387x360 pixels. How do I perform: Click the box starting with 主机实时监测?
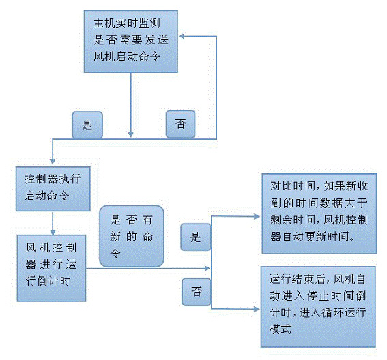(x=132, y=41)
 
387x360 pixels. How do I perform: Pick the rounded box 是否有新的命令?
(x=132, y=236)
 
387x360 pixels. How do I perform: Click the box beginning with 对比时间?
(x=319, y=211)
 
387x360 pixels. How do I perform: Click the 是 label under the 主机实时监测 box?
(x=87, y=125)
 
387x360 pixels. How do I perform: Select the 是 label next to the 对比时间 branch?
(x=196, y=237)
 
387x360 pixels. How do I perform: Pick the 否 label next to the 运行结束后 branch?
(x=197, y=291)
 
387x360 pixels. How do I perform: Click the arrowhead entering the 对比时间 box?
(x=257, y=217)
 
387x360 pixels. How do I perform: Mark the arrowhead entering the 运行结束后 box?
(x=257, y=308)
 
